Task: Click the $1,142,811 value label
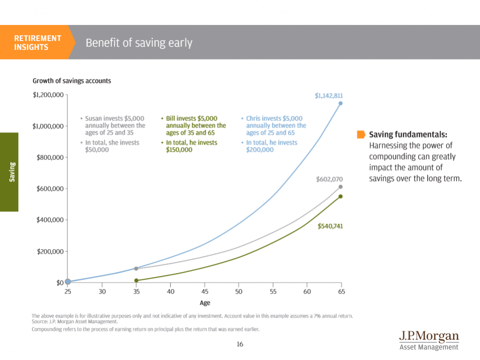[x=328, y=95]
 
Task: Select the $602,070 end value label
[x=329, y=179]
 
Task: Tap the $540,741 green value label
[x=329, y=226]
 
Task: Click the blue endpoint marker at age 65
[x=340, y=103]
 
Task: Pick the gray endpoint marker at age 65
[x=340, y=187]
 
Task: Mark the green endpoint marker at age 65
[x=340, y=196]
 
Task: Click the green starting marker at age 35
[x=136, y=280]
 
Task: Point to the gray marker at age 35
[x=136, y=268]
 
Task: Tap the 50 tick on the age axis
[x=239, y=292]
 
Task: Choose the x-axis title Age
[x=204, y=303]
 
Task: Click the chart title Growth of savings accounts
[x=72, y=81]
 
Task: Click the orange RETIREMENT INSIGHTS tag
[x=37, y=42]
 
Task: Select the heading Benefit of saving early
[x=139, y=43]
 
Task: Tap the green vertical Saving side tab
[x=9, y=172]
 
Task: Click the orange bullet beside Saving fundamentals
[x=361, y=134]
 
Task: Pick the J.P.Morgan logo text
[x=429, y=336]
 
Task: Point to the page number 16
[x=240, y=344]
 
